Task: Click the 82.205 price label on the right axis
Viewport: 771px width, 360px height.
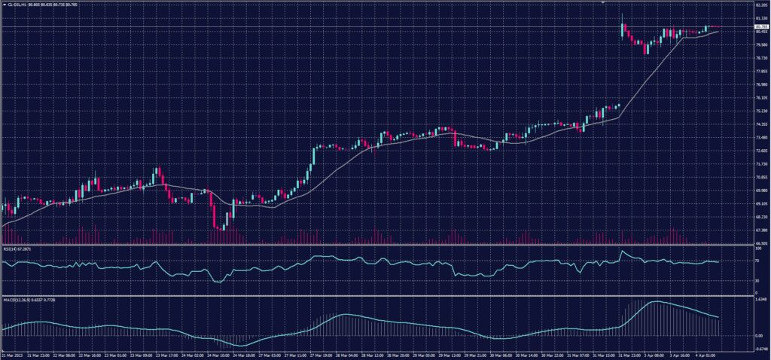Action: (x=761, y=4)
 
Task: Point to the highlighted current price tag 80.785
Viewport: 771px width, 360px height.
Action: (x=761, y=26)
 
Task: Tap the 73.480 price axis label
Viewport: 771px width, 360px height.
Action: (x=761, y=137)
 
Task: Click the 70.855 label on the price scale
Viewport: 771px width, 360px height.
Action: (x=761, y=177)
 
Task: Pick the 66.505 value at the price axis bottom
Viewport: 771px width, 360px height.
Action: (x=761, y=243)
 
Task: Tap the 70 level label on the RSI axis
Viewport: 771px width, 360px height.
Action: (x=757, y=260)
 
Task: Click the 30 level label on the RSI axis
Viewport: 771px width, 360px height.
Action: (x=757, y=280)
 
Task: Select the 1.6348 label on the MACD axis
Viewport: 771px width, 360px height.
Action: (x=760, y=299)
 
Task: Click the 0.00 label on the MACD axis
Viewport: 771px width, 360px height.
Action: (x=758, y=335)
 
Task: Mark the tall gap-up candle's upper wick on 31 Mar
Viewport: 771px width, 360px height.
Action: (x=622, y=17)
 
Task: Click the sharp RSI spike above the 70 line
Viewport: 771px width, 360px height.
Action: (x=622, y=252)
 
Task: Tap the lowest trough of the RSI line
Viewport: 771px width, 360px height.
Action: (x=218, y=282)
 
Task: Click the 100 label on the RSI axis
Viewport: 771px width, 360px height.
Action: (x=757, y=248)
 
